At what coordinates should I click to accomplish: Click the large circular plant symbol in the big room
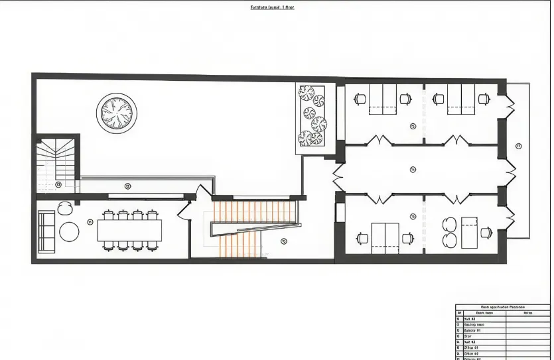point(117,113)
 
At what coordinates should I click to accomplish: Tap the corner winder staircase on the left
point(55,162)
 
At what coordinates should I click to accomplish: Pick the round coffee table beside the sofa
point(70,231)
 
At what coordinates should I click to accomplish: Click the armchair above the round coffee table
point(64,208)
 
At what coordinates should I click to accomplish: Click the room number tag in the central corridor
point(413,170)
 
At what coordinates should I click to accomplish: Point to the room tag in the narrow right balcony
point(518,146)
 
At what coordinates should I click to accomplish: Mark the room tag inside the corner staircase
point(58,184)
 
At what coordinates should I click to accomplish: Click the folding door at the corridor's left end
point(339,175)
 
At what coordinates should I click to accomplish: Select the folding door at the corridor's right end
point(510,174)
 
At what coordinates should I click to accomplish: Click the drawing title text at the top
point(272,7)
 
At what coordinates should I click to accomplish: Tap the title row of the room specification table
point(502,308)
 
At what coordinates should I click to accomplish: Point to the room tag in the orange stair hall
point(283,241)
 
